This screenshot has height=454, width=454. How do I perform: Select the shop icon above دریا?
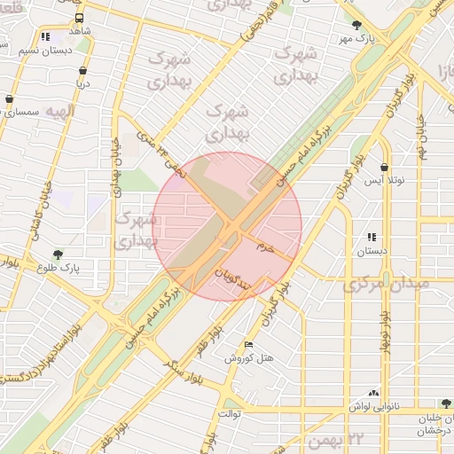82,71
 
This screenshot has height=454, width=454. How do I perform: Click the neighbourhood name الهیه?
61,112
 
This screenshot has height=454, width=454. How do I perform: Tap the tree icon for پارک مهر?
356,26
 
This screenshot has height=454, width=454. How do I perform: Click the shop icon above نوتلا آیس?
383,167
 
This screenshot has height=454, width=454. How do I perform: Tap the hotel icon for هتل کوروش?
248,345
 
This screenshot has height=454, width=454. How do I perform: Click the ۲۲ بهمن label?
368,438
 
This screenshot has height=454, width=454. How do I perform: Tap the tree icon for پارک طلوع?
59,254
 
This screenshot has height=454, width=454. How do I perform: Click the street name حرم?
266,246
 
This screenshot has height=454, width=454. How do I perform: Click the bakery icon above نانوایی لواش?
373,392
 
